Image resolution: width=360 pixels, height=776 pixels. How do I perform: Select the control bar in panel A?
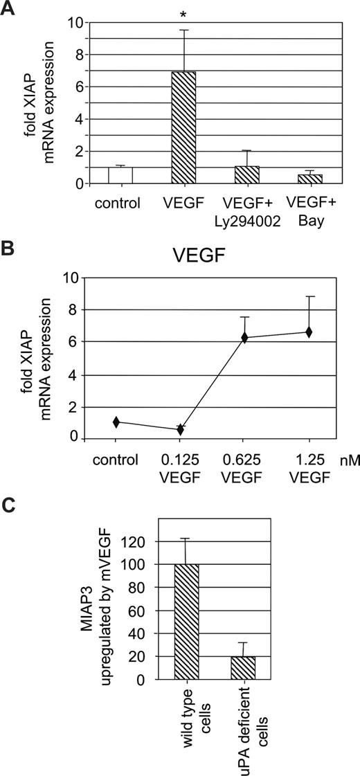[x=120, y=174]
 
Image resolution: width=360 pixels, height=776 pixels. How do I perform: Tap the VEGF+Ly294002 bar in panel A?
[x=247, y=174]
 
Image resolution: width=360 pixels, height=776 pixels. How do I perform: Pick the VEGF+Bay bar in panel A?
[x=308, y=179]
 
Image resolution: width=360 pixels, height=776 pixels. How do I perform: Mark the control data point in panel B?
[x=116, y=422]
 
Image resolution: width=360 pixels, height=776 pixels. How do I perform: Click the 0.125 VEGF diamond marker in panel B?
[x=181, y=429]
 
